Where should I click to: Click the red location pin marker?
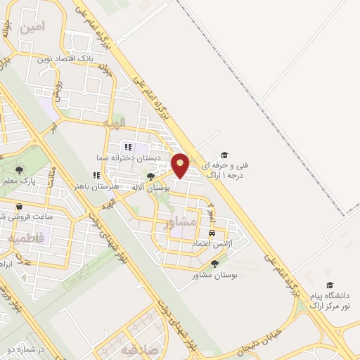tap(181, 166)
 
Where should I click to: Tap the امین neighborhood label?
tap(33, 27)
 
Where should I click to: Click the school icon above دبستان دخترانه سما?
tap(128, 147)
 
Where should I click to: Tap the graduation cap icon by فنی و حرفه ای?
tap(224, 155)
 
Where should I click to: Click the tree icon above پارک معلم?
tap(19, 169)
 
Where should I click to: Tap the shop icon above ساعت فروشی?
tap(20, 206)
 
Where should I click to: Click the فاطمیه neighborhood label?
tap(27, 238)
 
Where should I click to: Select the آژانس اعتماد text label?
tap(212, 243)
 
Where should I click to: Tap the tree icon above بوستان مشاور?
tap(214, 264)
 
